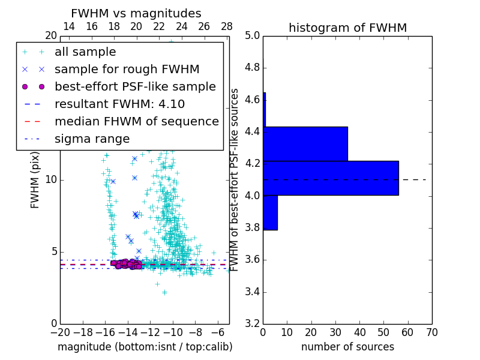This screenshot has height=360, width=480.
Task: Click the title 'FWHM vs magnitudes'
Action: click(x=136, y=14)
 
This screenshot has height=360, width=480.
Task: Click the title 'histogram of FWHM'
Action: click(x=347, y=28)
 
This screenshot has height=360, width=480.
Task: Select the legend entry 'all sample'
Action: click(x=85, y=52)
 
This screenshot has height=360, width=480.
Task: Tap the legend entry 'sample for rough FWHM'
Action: click(x=127, y=70)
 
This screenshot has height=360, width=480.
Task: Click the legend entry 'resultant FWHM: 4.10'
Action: click(x=119, y=104)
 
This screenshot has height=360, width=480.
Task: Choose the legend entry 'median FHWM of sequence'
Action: click(x=136, y=122)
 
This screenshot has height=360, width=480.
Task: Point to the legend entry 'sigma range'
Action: click(x=92, y=139)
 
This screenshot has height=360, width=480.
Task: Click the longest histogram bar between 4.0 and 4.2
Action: click(x=331, y=178)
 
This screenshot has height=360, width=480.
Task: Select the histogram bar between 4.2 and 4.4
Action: click(x=305, y=144)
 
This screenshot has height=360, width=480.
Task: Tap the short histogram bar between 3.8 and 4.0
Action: click(x=270, y=213)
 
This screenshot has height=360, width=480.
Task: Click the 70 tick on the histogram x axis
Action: click(x=431, y=332)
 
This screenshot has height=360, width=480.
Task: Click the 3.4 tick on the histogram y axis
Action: click(x=252, y=292)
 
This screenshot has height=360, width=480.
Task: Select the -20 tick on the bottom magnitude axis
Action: click(x=59, y=332)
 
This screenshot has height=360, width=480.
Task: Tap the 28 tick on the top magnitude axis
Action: click(x=227, y=26)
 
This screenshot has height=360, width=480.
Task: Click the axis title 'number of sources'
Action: click(x=347, y=347)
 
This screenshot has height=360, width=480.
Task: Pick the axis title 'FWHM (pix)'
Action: click(x=35, y=180)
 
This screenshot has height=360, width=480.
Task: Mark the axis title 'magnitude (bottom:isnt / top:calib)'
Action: click(x=145, y=347)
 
